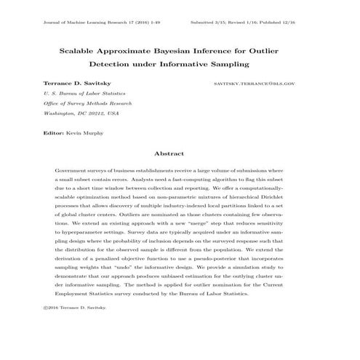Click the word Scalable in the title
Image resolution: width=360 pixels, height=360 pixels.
[81, 53]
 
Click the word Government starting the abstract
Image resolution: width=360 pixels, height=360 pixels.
[71, 170]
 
